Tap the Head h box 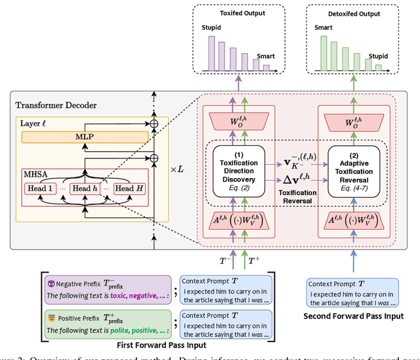click(x=83, y=189)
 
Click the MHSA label click(x=33, y=175)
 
